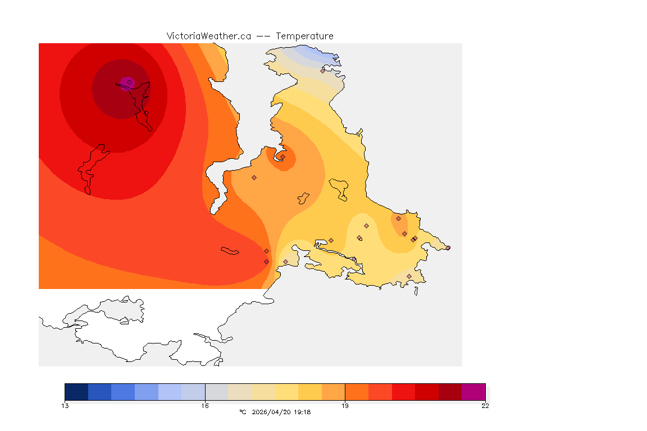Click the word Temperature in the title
click(305, 36)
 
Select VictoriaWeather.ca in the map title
click(208, 36)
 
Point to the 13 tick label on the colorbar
click(65, 406)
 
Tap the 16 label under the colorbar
click(205, 406)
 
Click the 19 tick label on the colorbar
click(345, 406)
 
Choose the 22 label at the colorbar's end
click(485, 406)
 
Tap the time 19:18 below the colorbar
click(302, 412)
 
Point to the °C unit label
click(243, 412)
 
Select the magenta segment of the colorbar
click(473, 391)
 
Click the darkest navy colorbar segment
click(76, 391)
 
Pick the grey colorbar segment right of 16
click(216, 391)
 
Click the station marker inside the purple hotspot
click(129, 82)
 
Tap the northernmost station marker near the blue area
click(323, 71)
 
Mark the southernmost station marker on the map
click(409, 276)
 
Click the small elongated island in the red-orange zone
click(230, 250)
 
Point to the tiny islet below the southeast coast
click(416, 291)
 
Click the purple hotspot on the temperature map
click(125, 84)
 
